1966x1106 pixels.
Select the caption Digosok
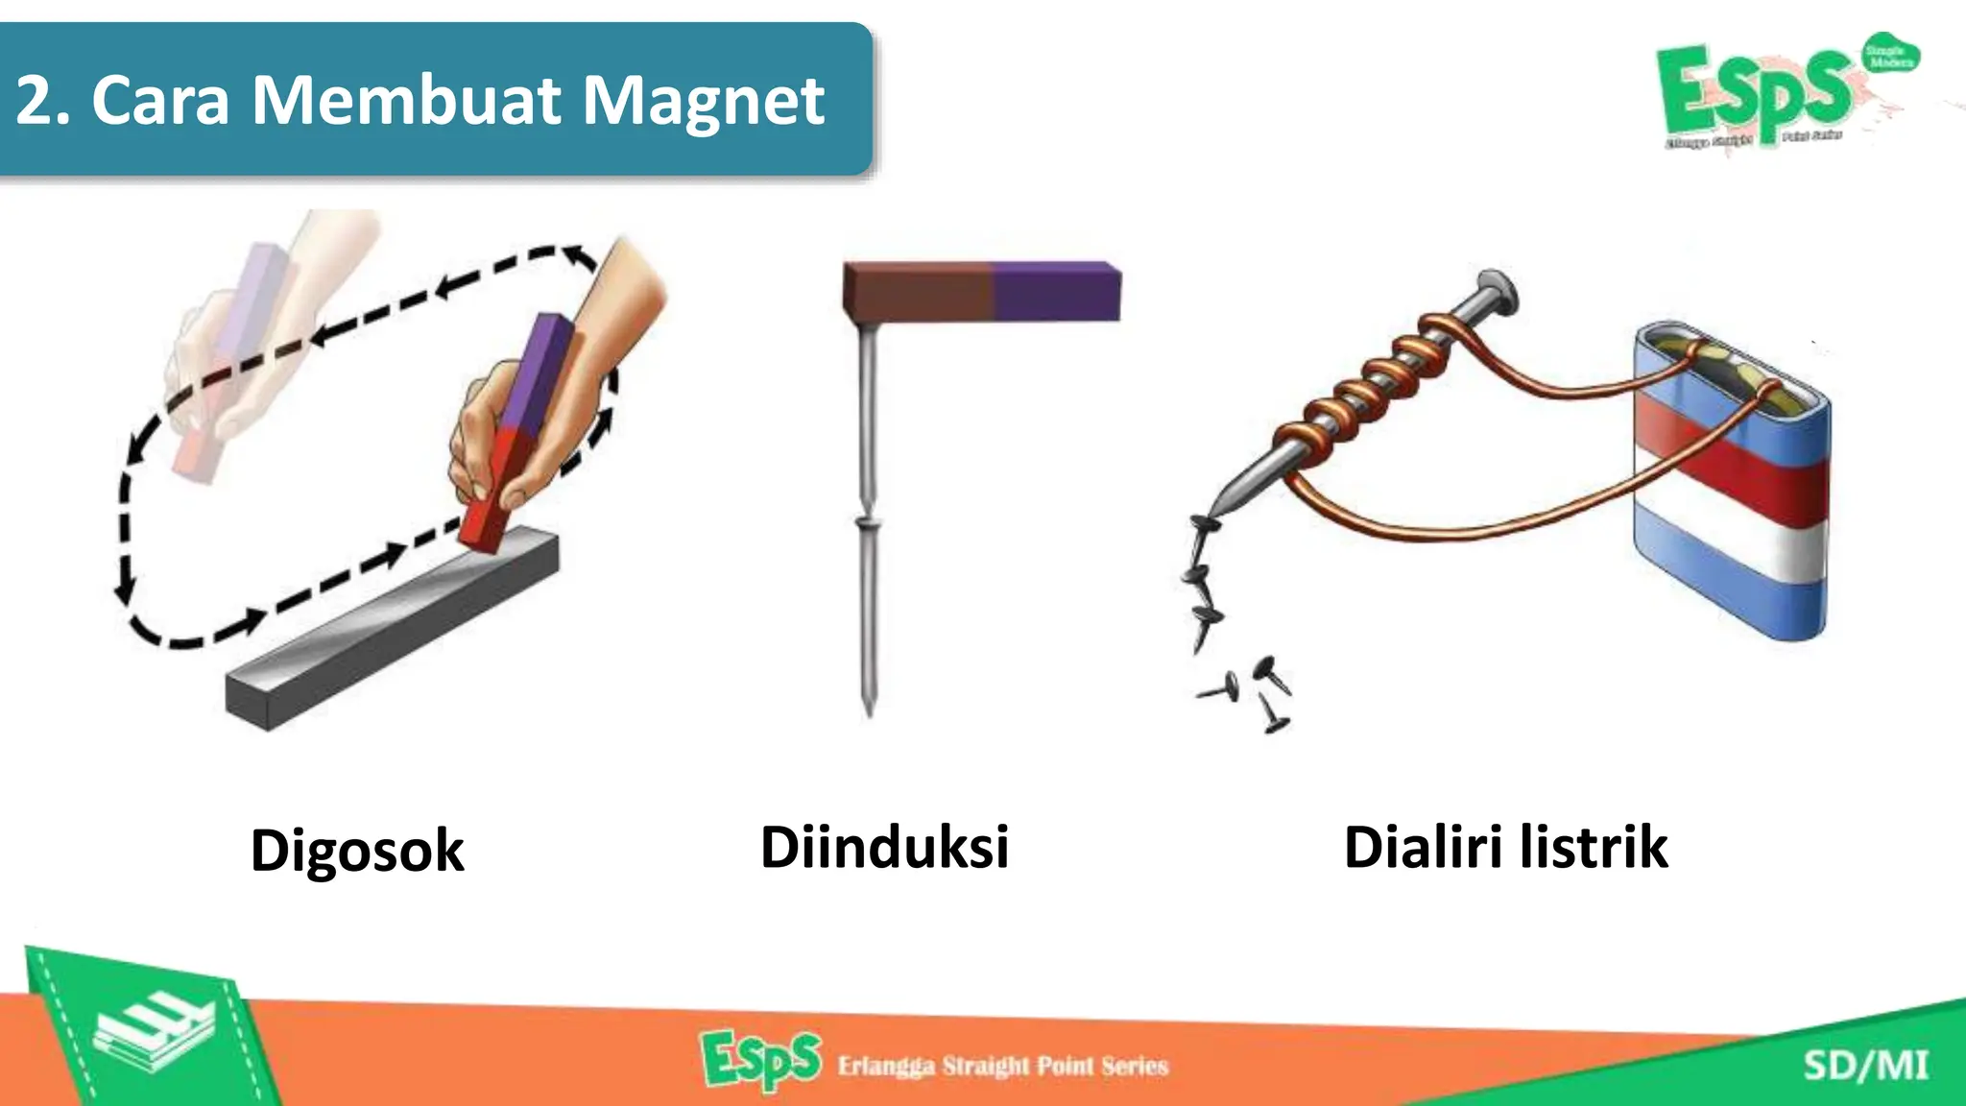click(x=357, y=851)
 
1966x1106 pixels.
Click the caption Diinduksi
click(x=884, y=847)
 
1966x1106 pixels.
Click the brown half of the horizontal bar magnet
click(x=917, y=291)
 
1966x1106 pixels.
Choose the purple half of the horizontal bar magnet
click(x=1056, y=291)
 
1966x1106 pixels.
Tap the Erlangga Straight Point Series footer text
click(x=1003, y=1066)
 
